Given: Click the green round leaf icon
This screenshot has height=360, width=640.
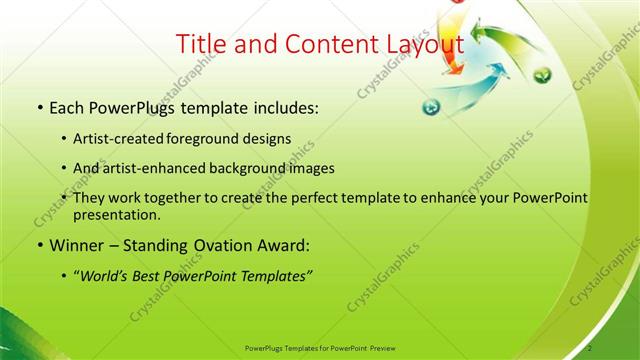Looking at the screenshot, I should pos(541,76).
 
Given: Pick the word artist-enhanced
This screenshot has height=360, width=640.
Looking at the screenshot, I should pos(153,168).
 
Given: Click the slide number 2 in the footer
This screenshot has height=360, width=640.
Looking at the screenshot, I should pos(590,347).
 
